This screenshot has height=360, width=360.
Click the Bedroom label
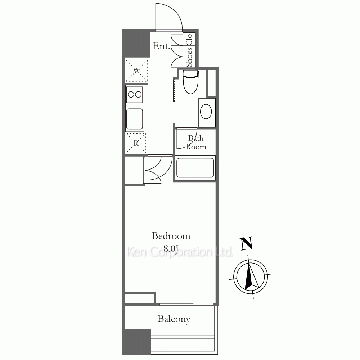(x=171, y=236)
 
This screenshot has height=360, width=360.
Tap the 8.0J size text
(x=171, y=248)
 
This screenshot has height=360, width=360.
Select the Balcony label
(x=174, y=319)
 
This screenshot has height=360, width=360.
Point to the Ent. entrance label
(x=161, y=46)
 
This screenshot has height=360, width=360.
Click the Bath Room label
(x=196, y=142)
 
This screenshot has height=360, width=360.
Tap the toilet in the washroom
(x=190, y=82)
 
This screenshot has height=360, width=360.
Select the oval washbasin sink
(x=206, y=112)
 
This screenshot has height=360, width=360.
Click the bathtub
(x=195, y=168)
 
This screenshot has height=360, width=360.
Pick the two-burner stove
(x=135, y=94)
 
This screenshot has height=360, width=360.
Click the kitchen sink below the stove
(x=135, y=119)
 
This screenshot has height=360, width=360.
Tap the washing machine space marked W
(x=136, y=71)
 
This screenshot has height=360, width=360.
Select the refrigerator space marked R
(x=136, y=143)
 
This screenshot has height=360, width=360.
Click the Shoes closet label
(x=189, y=57)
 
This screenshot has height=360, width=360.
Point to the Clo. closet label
(x=189, y=39)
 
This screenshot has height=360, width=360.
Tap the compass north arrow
(x=250, y=276)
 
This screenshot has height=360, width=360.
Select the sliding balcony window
(x=186, y=305)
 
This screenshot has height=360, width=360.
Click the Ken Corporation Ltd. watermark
(x=180, y=252)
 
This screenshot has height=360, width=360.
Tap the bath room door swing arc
(x=193, y=142)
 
